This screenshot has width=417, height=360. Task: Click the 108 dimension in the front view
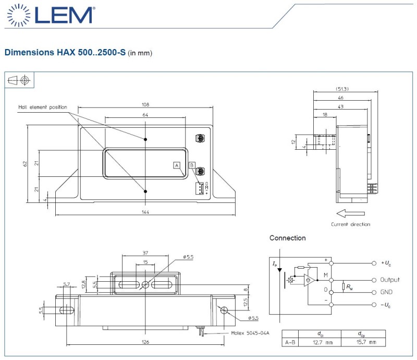coord(145,103)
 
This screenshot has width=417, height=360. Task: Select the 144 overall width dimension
coord(145,212)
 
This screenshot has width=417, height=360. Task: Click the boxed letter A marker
coord(177,165)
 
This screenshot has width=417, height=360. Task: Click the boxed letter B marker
coord(192,165)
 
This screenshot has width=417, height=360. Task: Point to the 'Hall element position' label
coord(43,107)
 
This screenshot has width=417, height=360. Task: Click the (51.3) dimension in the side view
coord(342,89)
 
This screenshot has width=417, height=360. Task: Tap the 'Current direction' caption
coord(351,224)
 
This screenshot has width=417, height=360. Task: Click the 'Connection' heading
coord(287,238)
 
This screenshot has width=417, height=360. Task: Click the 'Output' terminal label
coord(390,280)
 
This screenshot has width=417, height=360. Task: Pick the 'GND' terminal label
coord(386,292)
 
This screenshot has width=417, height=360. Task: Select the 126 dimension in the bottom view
coord(145,342)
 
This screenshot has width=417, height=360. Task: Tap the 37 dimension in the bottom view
coord(145,253)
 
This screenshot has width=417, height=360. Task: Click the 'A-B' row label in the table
coord(290,342)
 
